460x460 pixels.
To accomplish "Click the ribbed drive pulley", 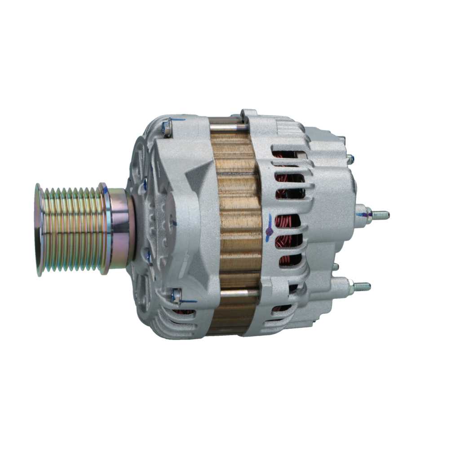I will coord(72,229).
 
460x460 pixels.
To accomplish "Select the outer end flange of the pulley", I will coord(40,229).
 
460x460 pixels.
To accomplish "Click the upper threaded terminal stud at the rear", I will coord(380,215).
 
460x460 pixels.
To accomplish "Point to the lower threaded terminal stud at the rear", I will coord(362,286).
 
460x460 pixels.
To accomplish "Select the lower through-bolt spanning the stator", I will coord(238,293).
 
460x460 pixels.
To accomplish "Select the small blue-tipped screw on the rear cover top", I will coord(349,158).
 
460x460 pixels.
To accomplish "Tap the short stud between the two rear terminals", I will coord(336,266).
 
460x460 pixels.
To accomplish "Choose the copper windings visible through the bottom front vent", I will coord(183,312).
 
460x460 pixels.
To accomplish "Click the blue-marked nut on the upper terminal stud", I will coord(367,215).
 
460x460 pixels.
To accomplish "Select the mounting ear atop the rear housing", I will coord(249,115).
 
